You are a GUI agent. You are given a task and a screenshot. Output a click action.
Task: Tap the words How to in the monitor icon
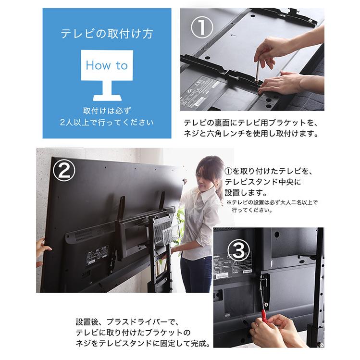107,65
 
